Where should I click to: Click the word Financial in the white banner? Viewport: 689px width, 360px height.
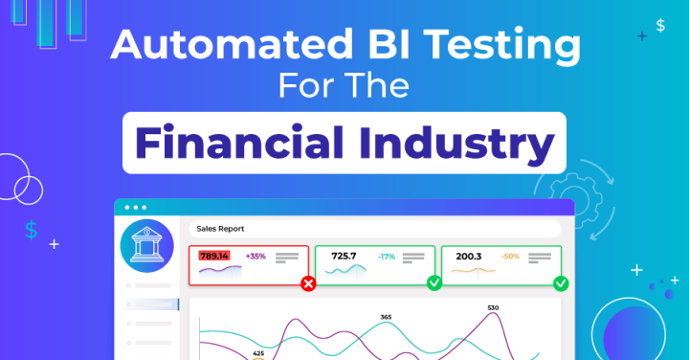(x=237, y=143)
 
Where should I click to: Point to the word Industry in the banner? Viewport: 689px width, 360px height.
(x=456, y=143)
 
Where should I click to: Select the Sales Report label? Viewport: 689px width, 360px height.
(x=220, y=229)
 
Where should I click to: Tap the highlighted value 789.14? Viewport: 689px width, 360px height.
(x=213, y=256)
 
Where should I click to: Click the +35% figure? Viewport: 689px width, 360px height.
(x=256, y=257)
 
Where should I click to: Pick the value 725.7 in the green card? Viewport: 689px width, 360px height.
(x=344, y=256)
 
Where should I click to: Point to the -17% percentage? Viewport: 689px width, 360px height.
(x=386, y=257)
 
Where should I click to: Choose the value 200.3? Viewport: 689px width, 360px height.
(x=469, y=256)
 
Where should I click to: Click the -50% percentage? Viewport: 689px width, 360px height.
(x=511, y=257)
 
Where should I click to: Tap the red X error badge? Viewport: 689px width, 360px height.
(x=308, y=283)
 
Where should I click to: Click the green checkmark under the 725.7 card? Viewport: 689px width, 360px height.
(x=434, y=283)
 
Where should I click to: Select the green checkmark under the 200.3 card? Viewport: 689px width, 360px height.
(x=561, y=283)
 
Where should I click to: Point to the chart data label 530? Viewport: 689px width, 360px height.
(x=493, y=308)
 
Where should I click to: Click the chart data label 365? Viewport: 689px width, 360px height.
(x=386, y=317)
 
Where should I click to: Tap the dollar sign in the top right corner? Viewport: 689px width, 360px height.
(x=660, y=26)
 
